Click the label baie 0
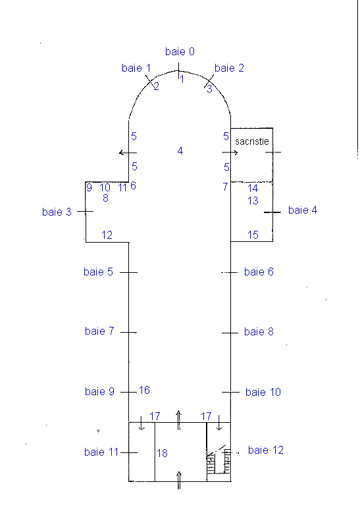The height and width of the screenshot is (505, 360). tap(180, 51)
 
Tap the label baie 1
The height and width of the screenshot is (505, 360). tap(136, 68)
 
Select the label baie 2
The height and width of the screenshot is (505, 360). tap(229, 68)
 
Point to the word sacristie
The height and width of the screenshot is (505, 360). tap(251, 141)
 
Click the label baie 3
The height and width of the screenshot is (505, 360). tap(57, 212)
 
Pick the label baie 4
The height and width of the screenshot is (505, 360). tap(303, 210)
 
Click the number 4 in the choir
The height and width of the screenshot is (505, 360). tap(180, 151)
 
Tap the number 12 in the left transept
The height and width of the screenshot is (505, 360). tap(107, 235)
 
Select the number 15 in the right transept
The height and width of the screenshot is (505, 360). tap(253, 235)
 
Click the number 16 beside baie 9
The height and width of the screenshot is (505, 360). tap(144, 390)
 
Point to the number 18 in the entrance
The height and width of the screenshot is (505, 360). tap(162, 453)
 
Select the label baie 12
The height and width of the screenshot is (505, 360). tap(266, 450)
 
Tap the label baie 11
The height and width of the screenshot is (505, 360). tap(101, 452)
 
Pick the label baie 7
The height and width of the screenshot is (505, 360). tap(99, 331)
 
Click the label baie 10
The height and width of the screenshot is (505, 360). tap(263, 392)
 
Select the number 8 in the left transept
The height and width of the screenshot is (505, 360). tap(105, 198)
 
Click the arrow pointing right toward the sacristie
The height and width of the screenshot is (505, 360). tap(230, 153)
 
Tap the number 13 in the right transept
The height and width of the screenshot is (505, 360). tap(253, 201)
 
